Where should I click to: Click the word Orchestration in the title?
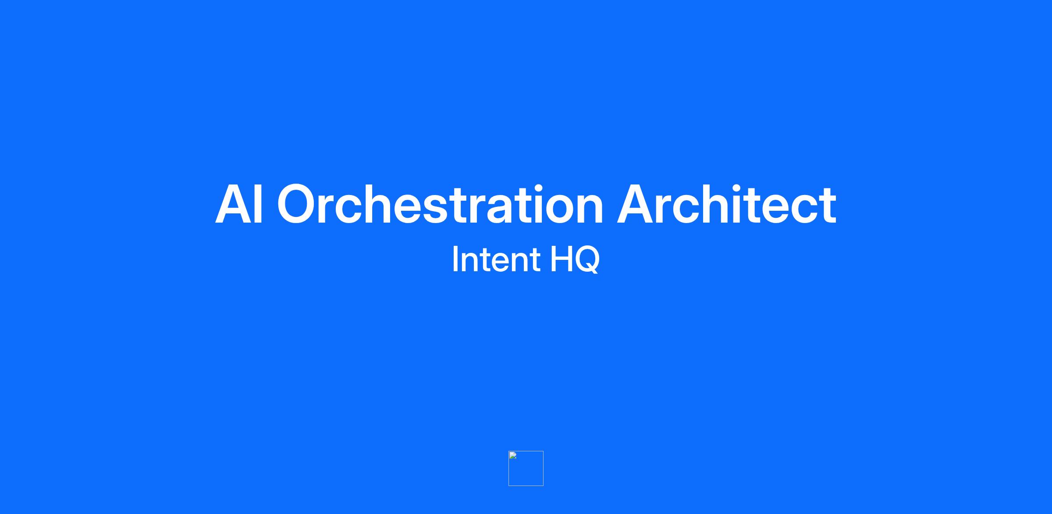click(440, 204)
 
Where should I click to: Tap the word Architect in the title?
click(727, 204)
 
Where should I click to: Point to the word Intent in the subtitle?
click(496, 259)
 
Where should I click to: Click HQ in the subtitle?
click(575, 260)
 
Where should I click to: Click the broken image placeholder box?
click(526, 468)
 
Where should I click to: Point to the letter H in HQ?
click(560, 259)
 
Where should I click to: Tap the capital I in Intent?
click(455, 259)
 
